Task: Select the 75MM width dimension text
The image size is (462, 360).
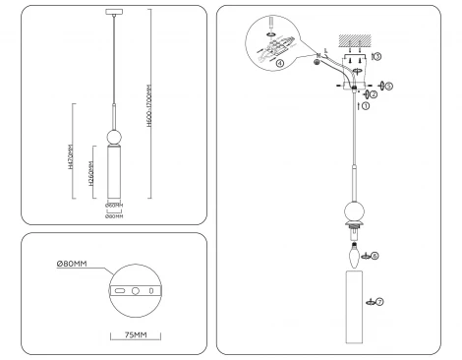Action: pos(135,334)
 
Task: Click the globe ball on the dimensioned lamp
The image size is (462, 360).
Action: pos(114,135)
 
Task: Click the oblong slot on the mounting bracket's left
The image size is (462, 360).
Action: pos(119,292)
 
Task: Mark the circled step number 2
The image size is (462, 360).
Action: pos(374,95)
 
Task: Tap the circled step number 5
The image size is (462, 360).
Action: pos(389,86)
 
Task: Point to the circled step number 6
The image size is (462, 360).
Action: pos(374,255)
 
